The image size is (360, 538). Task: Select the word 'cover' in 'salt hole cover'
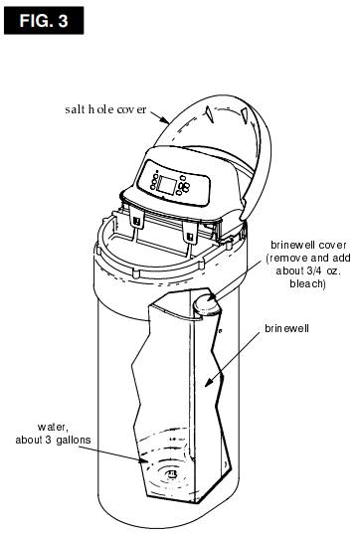(x=131, y=106)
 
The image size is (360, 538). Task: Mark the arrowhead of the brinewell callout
(x=204, y=385)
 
